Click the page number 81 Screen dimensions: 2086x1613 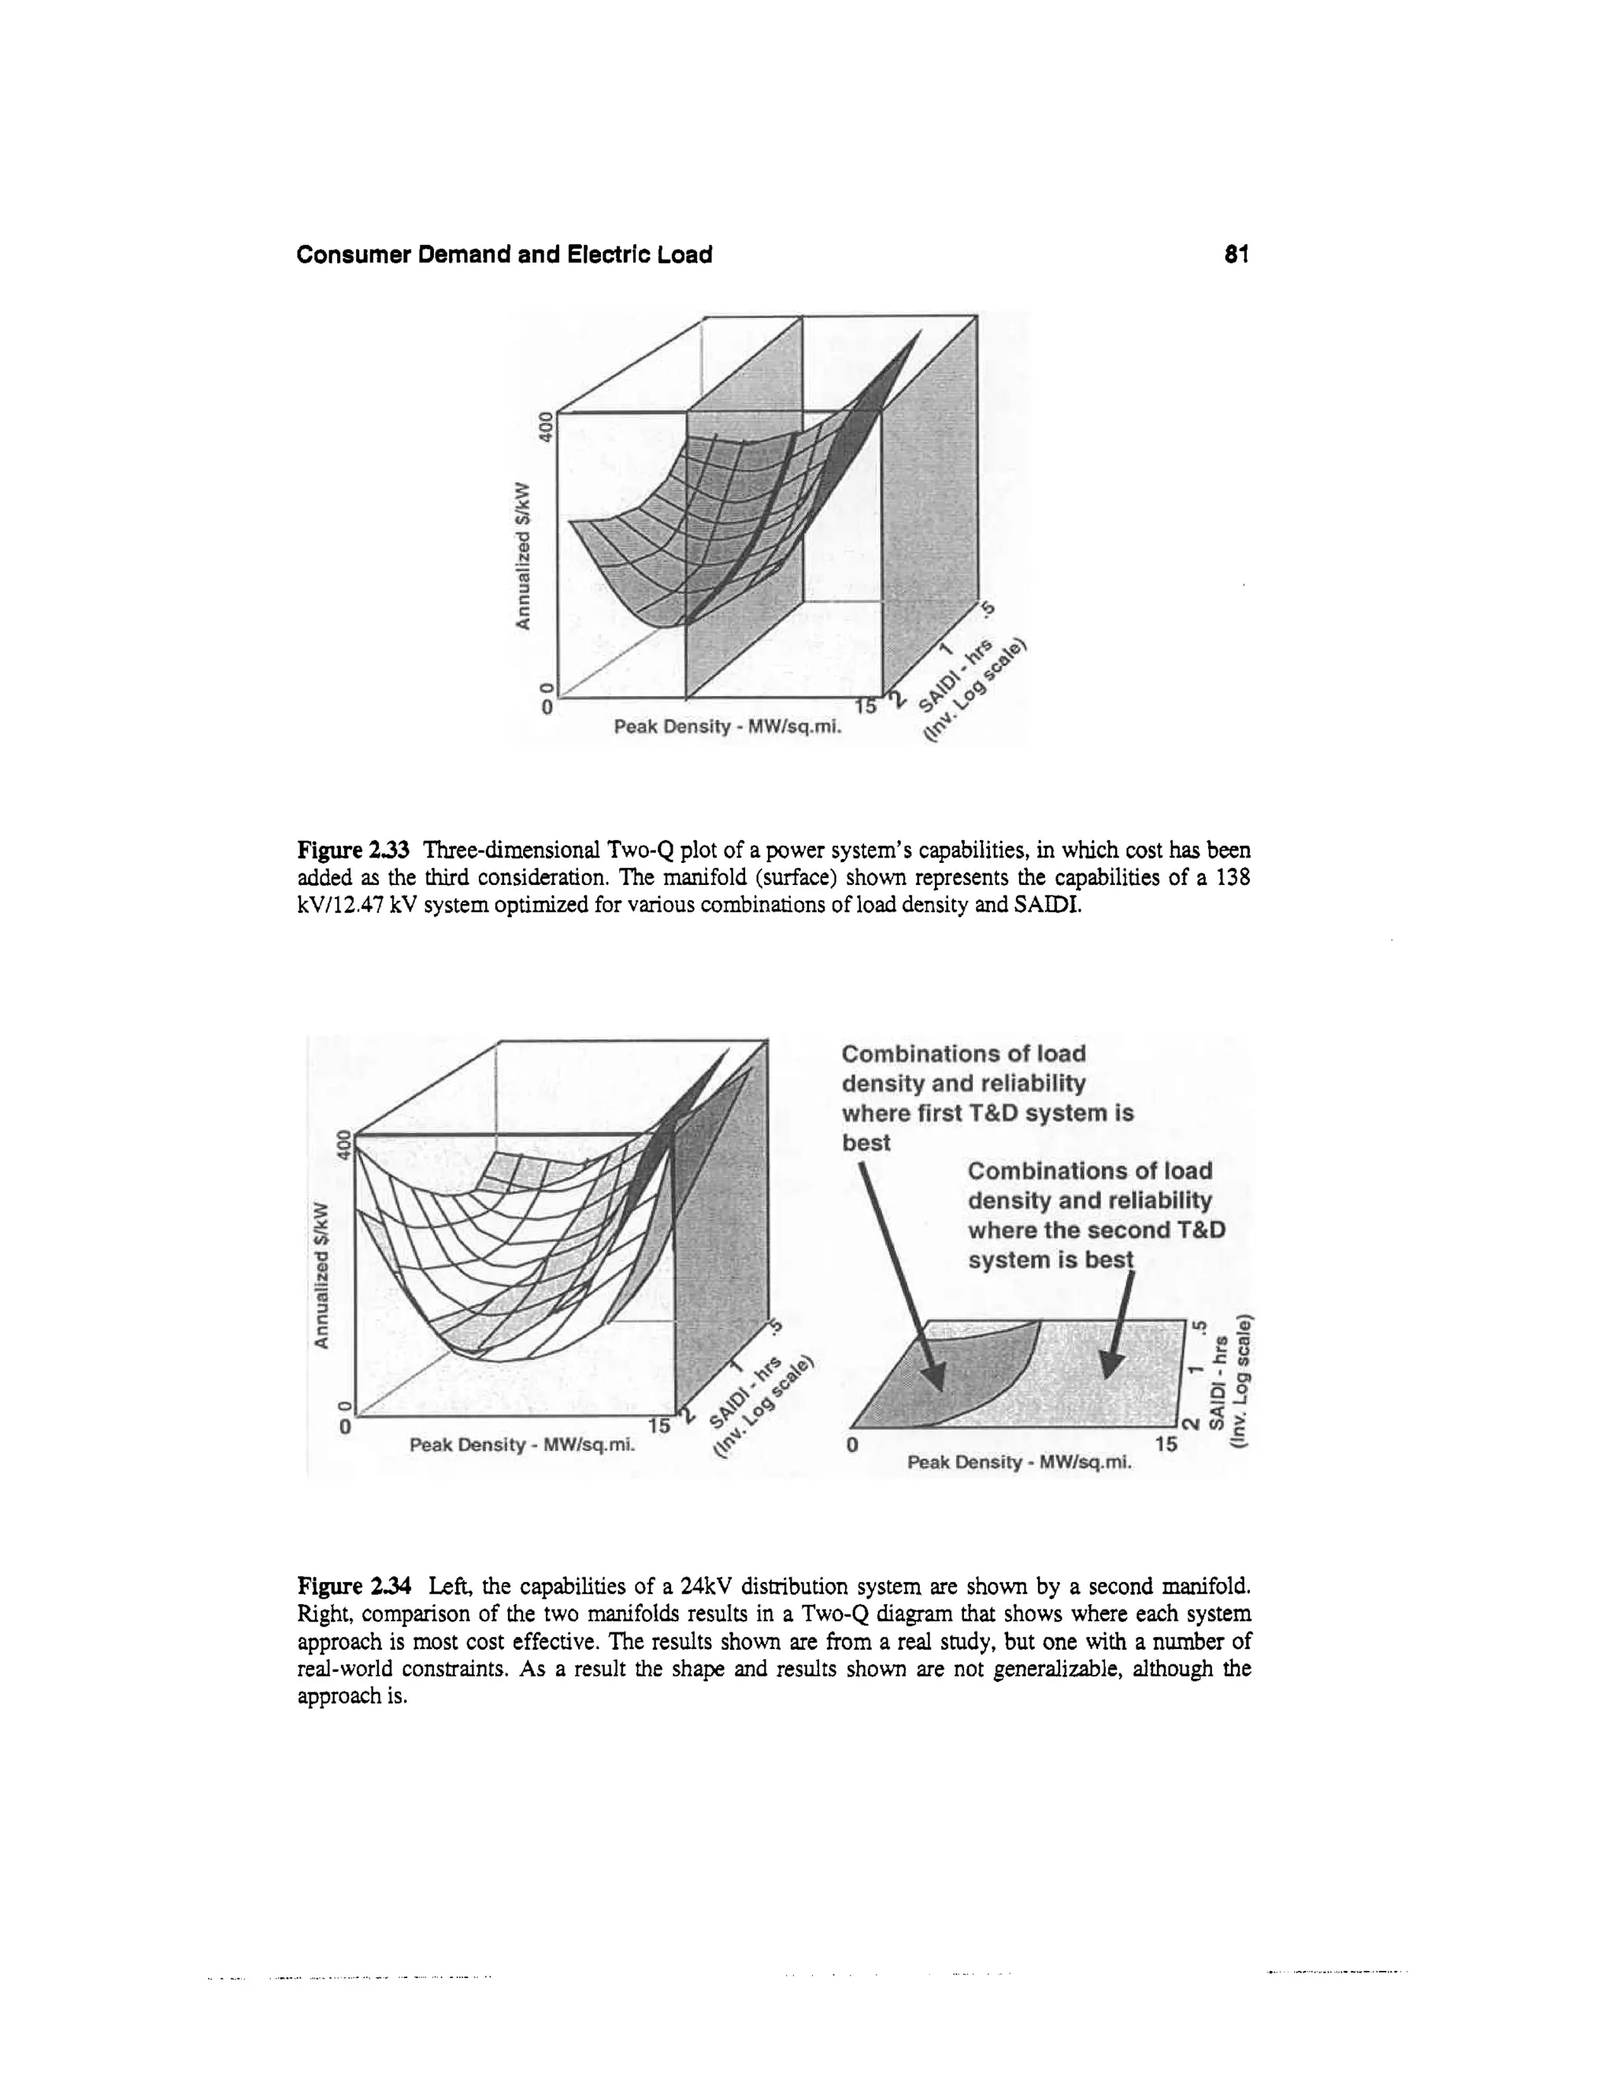pyautogui.click(x=1237, y=254)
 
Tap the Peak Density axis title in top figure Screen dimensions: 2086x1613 pyautogui.click(x=729, y=728)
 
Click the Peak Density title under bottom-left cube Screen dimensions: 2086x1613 pyautogui.click(x=523, y=1445)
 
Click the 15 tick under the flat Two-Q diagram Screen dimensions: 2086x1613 pyautogui.click(x=1166, y=1444)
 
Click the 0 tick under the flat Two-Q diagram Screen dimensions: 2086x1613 pyautogui.click(x=853, y=1445)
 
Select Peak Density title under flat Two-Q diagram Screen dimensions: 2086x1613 pyautogui.click(x=1018, y=1462)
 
